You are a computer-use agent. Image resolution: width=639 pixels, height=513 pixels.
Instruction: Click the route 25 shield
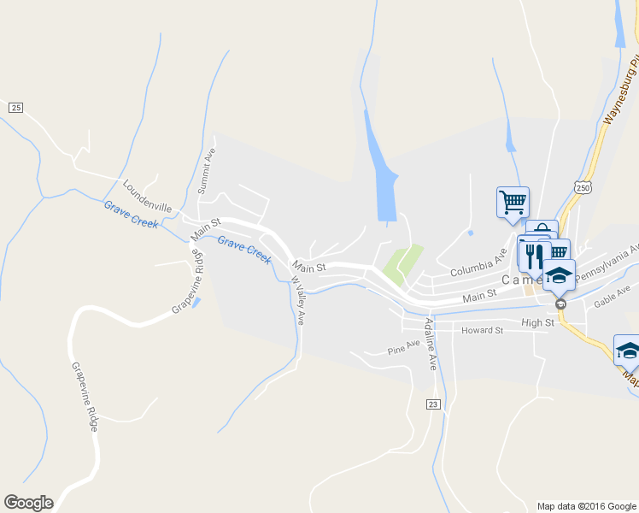15,107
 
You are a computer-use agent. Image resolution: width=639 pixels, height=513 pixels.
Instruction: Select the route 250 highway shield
583,187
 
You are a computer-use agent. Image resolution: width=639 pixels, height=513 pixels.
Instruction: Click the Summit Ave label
207,170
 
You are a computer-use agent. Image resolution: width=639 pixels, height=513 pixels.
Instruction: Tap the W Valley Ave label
298,299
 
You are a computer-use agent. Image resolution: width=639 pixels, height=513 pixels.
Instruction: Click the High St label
537,322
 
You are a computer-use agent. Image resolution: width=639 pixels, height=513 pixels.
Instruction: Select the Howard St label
482,330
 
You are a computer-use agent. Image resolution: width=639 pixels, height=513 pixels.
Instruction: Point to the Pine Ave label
404,346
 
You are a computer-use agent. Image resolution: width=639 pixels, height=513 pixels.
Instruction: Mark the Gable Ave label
612,296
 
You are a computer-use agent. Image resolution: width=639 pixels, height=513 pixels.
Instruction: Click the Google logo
28,503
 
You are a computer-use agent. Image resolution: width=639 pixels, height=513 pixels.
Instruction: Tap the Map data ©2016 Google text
586,506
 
